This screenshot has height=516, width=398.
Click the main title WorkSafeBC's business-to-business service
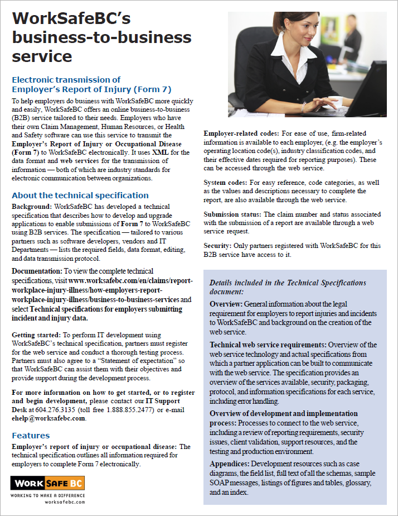pyautogui.click(x=101, y=37)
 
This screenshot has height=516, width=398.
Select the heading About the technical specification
pyautogui.click(x=80, y=195)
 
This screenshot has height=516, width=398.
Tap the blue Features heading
pyautogui.click(x=31, y=435)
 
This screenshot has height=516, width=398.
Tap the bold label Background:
pyautogui.click(x=32, y=207)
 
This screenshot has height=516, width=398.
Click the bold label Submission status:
pyautogui.click(x=232, y=214)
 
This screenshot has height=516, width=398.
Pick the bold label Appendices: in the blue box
pyautogui.click(x=230, y=464)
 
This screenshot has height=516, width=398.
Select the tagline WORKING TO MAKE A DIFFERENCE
pyautogui.click(x=47, y=495)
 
